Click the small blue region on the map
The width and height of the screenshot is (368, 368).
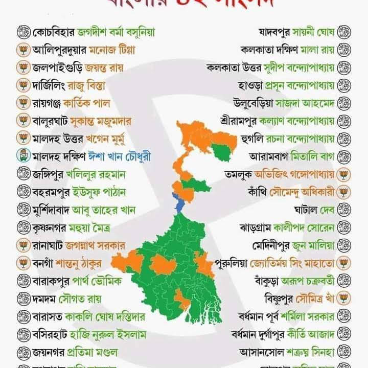click(x=179, y=203)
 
